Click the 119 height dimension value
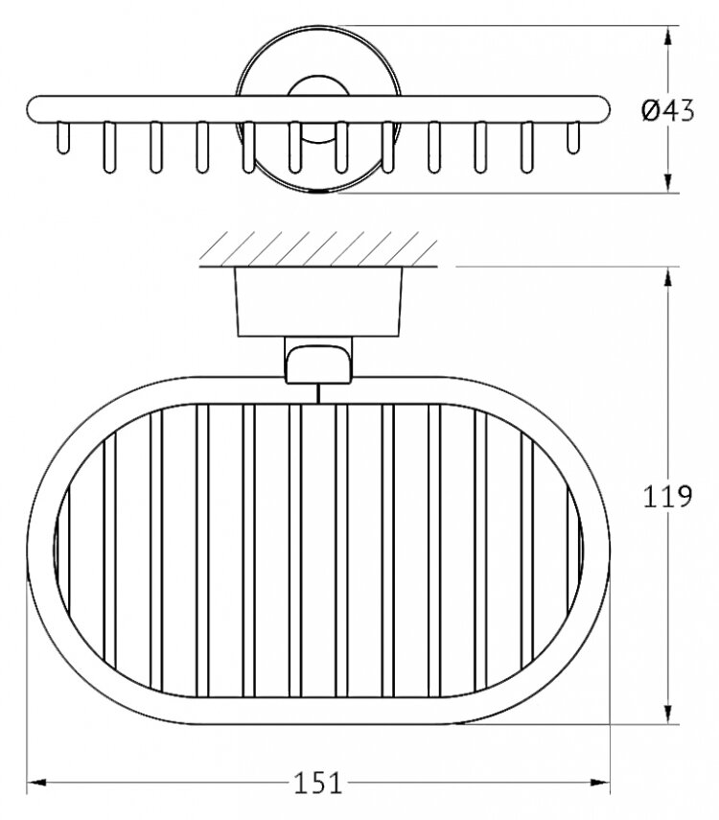tap(665, 497)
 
